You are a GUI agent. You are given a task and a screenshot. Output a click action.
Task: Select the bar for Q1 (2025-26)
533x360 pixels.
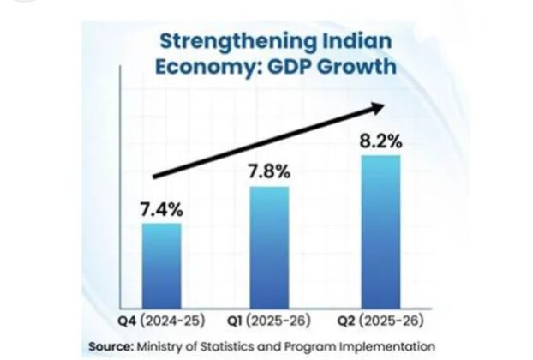pos(269,247)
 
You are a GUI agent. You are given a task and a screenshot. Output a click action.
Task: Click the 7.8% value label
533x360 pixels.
pos(269,171)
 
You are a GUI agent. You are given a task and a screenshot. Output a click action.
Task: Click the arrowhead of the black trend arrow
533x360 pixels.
pos(375,106)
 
